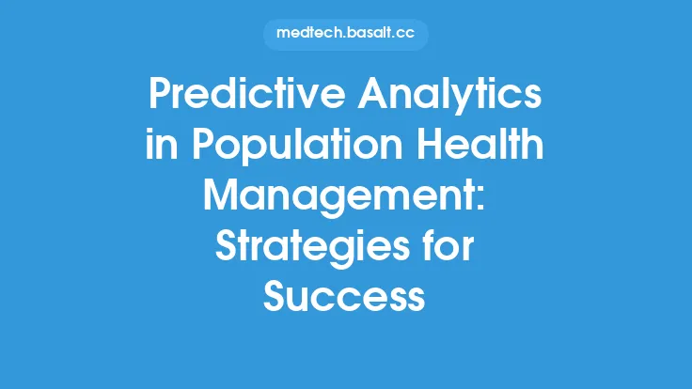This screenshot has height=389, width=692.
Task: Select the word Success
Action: [345, 298]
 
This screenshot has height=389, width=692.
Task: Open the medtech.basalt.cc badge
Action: [345, 34]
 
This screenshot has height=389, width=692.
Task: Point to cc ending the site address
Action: [406, 34]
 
